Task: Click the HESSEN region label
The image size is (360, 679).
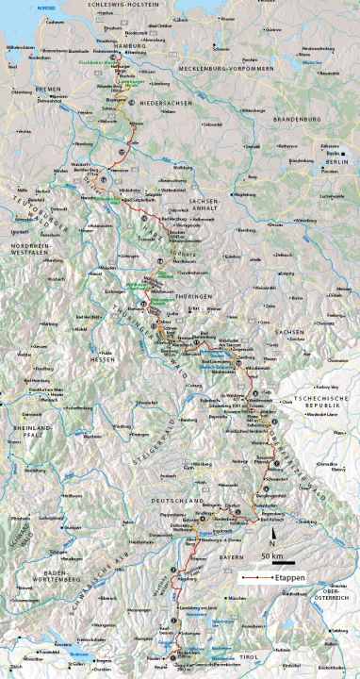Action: pos(102,360)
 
